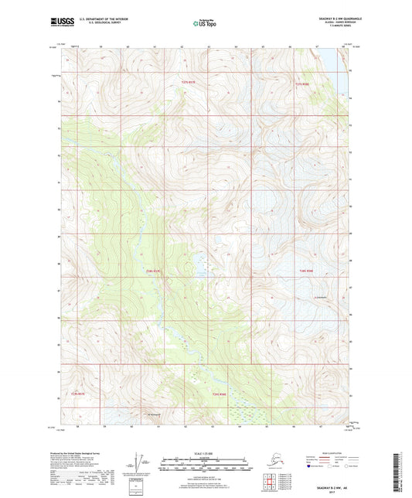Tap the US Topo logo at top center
point(205,24)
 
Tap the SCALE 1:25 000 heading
point(206,454)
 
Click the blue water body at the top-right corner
point(339,57)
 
